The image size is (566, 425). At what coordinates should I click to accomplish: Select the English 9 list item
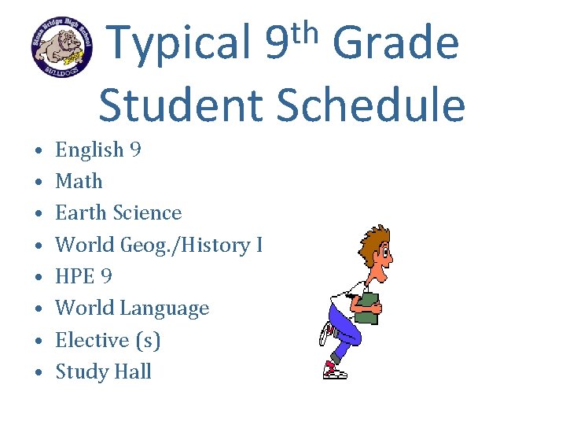coord(98,150)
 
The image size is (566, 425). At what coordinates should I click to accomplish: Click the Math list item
coord(79,181)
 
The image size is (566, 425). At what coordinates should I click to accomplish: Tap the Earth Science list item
coord(118,213)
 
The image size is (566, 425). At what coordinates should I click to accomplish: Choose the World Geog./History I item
coord(158,245)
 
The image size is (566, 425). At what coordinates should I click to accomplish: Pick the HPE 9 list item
coord(83,276)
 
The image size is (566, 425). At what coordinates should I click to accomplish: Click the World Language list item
coord(132,308)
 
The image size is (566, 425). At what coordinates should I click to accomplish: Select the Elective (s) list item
coord(108,340)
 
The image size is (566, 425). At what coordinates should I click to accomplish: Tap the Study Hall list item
coord(103,371)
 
